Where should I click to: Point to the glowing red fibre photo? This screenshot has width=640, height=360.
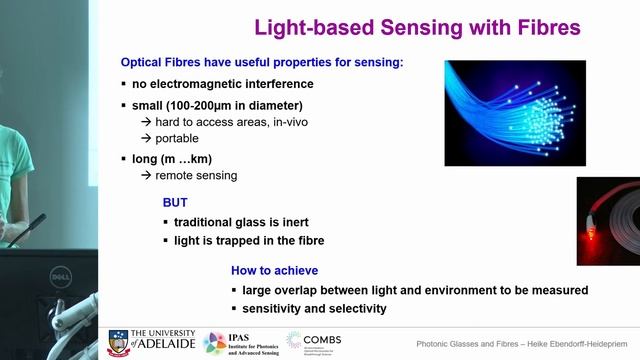click(608, 221)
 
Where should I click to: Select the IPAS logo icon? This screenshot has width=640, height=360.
click(214, 342)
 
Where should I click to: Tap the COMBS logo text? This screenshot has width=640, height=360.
click(323, 338)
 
